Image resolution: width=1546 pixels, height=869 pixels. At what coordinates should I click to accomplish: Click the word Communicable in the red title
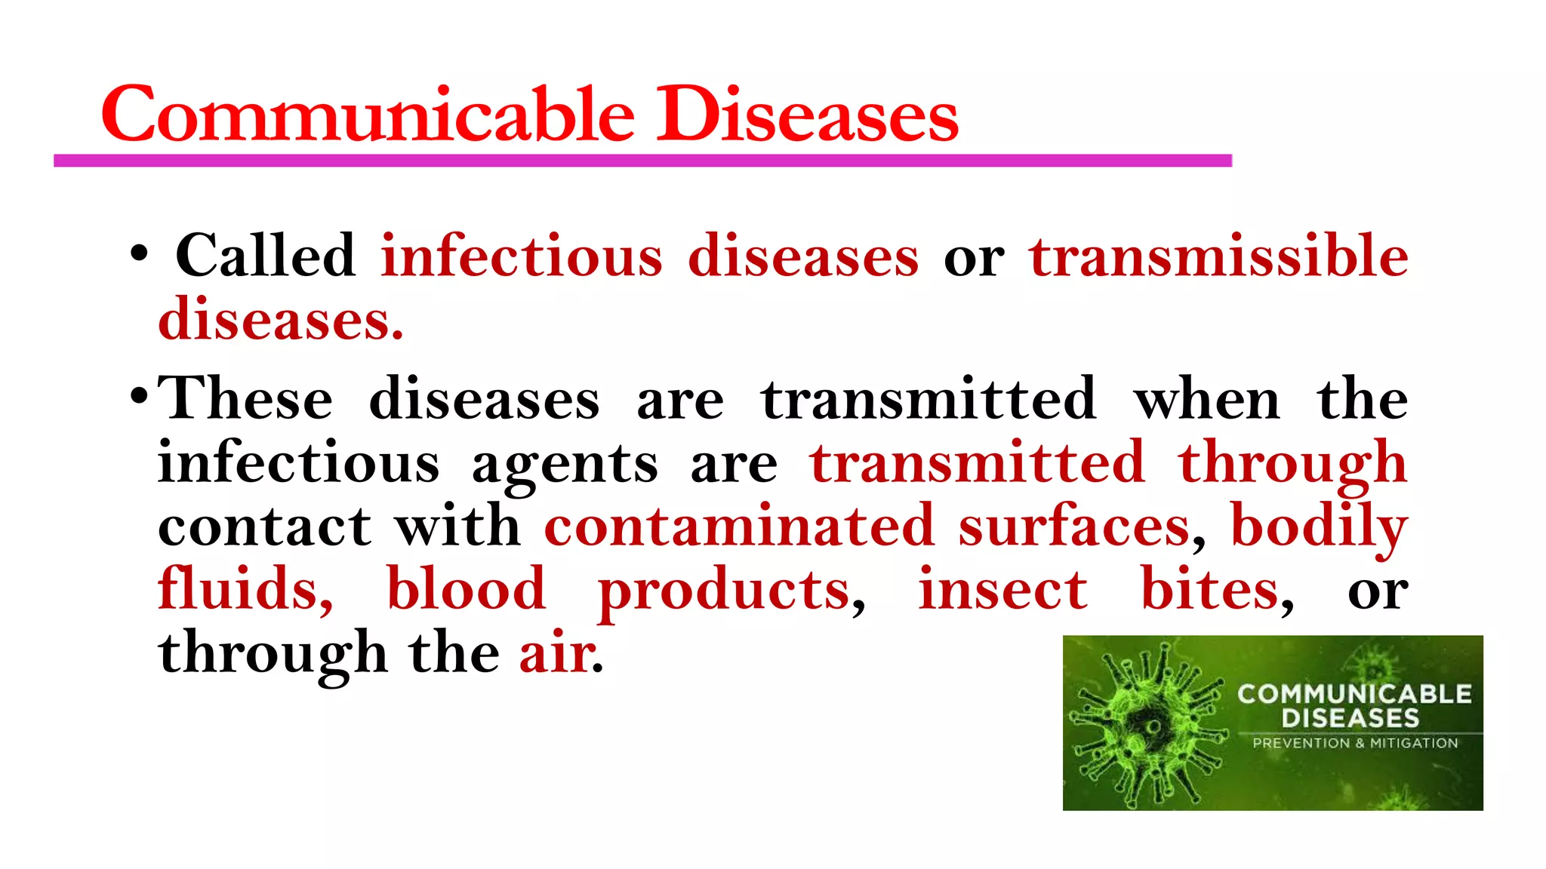click(x=368, y=115)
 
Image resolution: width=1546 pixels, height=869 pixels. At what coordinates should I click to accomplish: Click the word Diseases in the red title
click(x=806, y=115)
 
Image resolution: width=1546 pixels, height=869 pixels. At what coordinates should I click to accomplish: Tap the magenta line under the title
click(x=642, y=161)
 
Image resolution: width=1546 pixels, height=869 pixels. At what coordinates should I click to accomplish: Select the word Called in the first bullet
click(x=265, y=256)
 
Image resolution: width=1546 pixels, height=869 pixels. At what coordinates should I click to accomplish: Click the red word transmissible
click(x=1218, y=256)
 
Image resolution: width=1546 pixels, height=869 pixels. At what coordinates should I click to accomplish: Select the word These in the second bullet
click(x=245, y=398)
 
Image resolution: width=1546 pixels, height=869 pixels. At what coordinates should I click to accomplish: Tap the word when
click(x=1206, y=398)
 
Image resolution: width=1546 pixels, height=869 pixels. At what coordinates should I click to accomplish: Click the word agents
click(x=565, y=463)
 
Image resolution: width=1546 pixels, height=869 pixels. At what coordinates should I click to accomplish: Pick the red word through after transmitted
click(x=1292, y=463)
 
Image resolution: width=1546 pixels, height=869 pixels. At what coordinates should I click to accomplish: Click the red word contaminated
click(x=739, y=527)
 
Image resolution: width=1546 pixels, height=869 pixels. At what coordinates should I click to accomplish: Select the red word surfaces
click(x=1074, y=527)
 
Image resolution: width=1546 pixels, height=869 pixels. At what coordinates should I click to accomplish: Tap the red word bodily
click(x=1319, y=527)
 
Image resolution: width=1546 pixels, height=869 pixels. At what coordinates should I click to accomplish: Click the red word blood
click(x=466, y=589)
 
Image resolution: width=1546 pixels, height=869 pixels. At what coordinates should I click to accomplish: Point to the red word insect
click(x=1002, y=589)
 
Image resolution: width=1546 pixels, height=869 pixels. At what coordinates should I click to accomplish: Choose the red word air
click(x=557, y=653)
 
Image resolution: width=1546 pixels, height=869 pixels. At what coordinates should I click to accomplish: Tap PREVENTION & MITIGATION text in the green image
click(x=1355, y=743)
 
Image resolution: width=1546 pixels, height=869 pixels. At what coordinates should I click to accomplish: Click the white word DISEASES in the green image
click(x=1350, y=717)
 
